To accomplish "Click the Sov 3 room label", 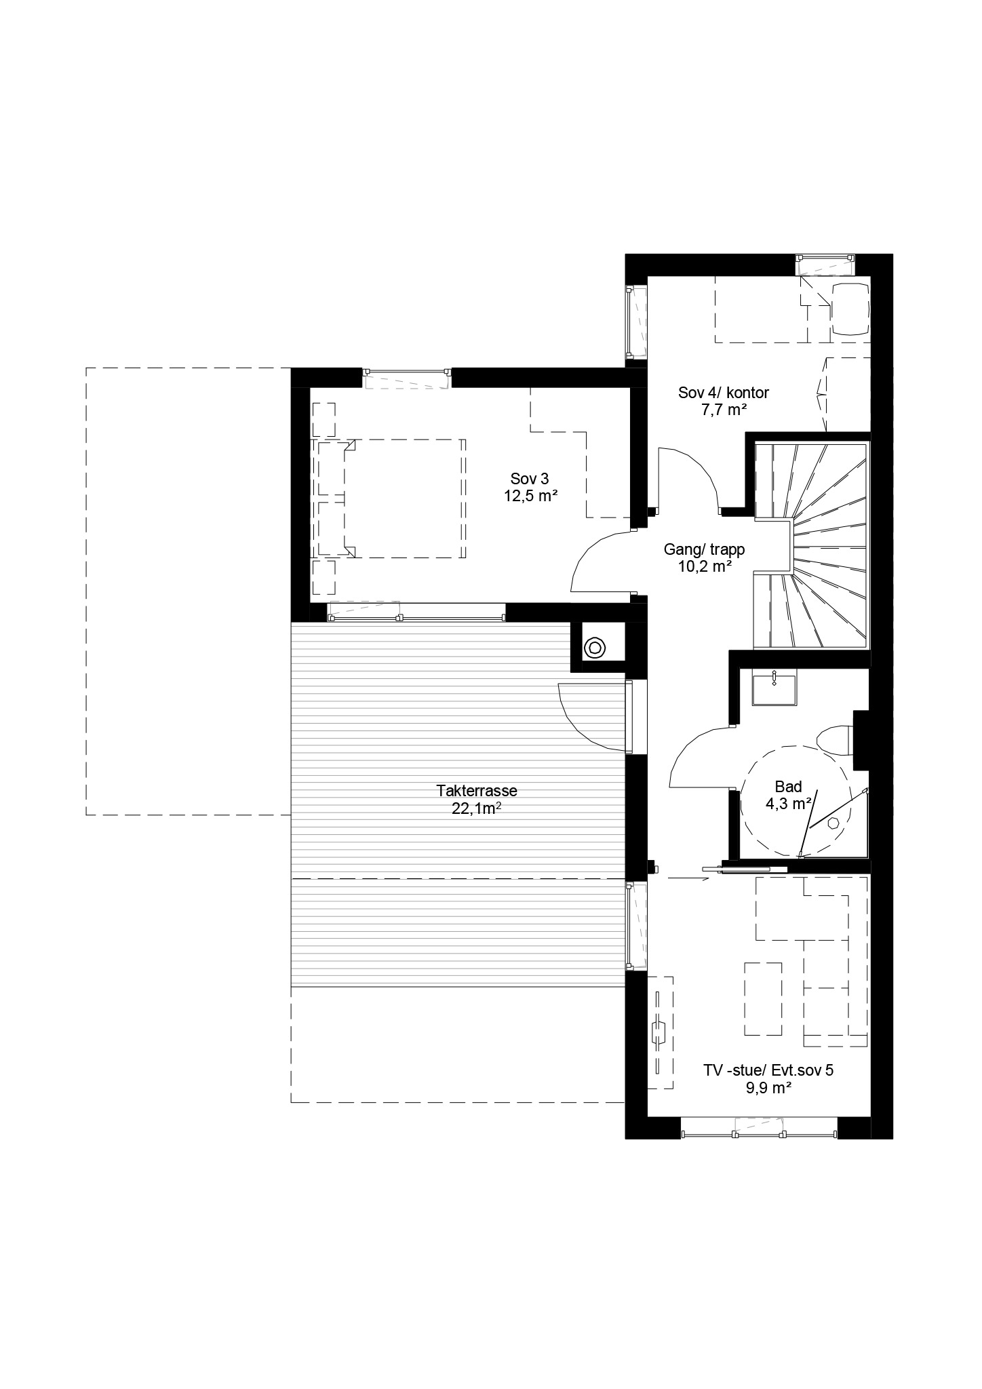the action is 530,480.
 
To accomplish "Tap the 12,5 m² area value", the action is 530,496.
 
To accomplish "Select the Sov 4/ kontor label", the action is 724,393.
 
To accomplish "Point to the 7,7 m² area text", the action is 724,409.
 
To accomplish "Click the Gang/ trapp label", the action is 705,550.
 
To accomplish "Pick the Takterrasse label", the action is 477,791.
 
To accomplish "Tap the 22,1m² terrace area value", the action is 476,808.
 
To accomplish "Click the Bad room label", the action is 789,787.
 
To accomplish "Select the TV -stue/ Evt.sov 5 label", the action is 768,1090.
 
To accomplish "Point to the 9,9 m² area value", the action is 768,1107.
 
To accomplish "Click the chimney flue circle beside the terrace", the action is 595,648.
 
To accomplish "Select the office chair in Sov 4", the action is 849,309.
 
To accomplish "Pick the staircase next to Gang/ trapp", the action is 811,545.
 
